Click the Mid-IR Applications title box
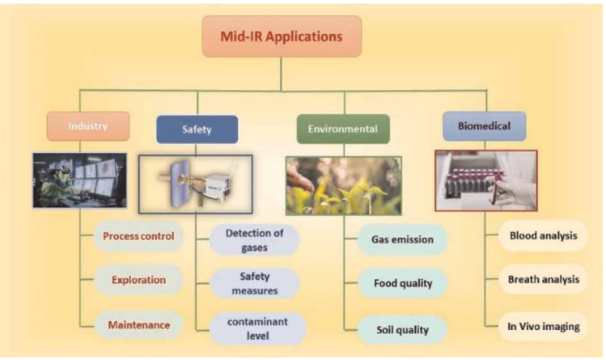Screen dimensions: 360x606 pyautogui.click(x=282, y=36)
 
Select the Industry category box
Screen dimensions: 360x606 pyautogui.click(x=88, y=126)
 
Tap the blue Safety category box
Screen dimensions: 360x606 pyautogui.click(x=197, y=129)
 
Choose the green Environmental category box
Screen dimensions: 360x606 pyautogui.click(x=343, y=129)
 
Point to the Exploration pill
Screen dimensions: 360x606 pyautogui.click(x=139, y=281)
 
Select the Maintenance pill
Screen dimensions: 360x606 pyautogui.click(x=139, y=325)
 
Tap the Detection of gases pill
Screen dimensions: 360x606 pyautogui.click(x=254, y=239)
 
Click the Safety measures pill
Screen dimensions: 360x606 pyautogui.click(x=254, y=283)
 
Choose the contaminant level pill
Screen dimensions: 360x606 pyautogui.click(x=254, y=328)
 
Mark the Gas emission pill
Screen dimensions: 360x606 pyautogui.click(x=402, y=239)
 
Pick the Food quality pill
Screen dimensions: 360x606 pyautogui.click(x=402, y=284)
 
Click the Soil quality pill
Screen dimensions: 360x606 pyautogui.click(x=402, y=328)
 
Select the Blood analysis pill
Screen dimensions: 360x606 pyautogui.click(x=543, y=236)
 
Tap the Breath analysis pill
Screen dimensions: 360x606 pyautogui.click(x=543, y=280)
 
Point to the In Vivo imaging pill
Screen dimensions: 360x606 pyautogui.click(x=543, y=325)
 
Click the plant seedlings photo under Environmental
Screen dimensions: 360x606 pyautogui.click(x=343, y=185)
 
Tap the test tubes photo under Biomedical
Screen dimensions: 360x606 pyautogui.click(x=485, y=180)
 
